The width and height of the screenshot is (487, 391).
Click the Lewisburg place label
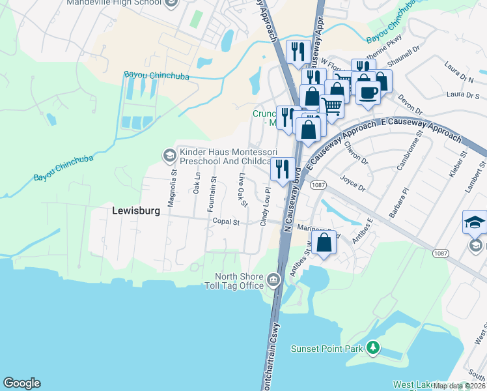(135, 210)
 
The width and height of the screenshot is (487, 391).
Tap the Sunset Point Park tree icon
(373, 348)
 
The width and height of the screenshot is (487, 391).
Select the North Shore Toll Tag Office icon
(273, 282)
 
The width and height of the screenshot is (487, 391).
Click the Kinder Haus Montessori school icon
(169, 154)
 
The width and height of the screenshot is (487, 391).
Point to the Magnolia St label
(173, 188)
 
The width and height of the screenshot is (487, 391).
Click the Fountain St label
(212, 193)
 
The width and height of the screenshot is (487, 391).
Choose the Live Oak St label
(242, 190)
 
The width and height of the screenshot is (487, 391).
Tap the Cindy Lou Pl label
(264, 207)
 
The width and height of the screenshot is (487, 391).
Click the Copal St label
(227, 222)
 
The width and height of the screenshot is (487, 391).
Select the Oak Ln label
(196, 182)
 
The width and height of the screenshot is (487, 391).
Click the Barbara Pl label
(398, 203)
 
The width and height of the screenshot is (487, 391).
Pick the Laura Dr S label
(463, 96)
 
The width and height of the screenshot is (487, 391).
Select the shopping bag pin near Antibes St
(324, 242)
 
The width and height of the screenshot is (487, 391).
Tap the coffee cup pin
(368, 92)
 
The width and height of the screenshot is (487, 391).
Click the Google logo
(21, 383)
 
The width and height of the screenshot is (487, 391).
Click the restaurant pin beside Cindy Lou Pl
(282, 169)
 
